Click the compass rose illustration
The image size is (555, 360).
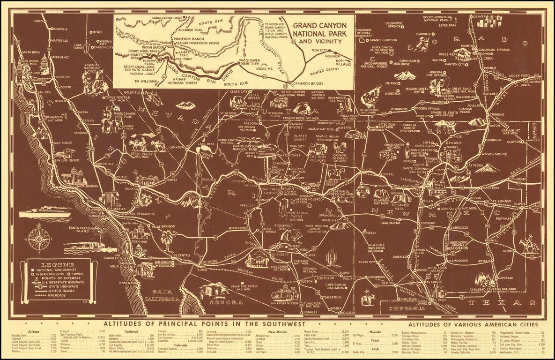tap(39, 238)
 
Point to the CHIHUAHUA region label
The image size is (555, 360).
tap(401, 309)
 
